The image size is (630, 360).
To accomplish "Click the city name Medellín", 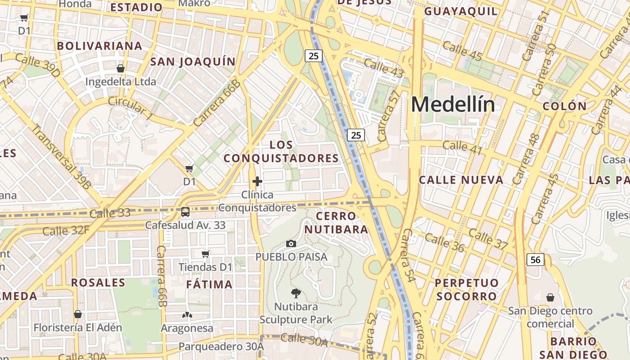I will [453, 105].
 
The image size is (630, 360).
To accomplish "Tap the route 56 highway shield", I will [535, 260].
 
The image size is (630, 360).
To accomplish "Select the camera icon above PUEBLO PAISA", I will [291, 243].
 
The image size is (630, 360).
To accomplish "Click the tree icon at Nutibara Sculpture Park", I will [296, 293].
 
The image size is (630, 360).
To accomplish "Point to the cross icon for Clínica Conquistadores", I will [257, 181].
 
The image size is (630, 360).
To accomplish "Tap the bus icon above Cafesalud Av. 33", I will [185, 211].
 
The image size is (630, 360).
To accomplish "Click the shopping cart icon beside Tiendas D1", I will [206, 254].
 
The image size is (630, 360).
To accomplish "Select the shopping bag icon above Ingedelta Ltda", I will [120, 68].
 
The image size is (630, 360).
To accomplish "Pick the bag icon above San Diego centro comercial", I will [550, 297].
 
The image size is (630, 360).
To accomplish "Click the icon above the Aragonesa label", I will [187, 315].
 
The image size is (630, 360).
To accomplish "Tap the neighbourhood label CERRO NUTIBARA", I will [336, 223].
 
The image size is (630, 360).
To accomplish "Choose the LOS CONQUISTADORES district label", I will [281, 152].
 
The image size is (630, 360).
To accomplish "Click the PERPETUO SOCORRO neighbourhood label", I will [467, 289].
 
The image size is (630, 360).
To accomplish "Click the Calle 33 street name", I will [110, 213].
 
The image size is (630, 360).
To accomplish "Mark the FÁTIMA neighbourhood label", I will [209, 284].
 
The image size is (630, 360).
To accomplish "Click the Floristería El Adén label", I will [78, 327].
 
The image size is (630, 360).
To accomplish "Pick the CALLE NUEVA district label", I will [461, 180].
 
